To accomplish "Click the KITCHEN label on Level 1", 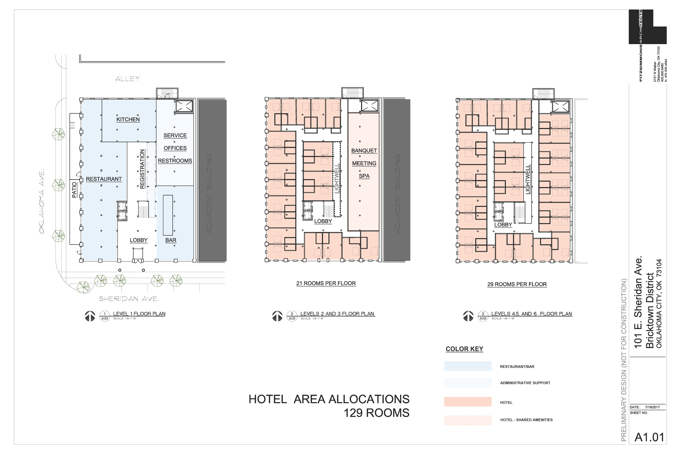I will [128, 119].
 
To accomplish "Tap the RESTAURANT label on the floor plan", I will [104, 179].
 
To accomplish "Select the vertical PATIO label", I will [74, 190].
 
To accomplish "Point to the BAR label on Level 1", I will [171, 240].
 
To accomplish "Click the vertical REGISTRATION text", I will [142, 169].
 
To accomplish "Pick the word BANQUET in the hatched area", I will [364, 151].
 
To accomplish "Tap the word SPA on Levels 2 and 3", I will [364, 176].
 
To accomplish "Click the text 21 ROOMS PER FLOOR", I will [326, 283].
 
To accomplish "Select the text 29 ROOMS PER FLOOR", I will [517, 284].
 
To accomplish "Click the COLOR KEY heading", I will [464, 349].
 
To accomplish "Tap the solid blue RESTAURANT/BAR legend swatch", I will [468, 366].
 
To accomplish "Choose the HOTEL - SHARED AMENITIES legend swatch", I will [468, 420].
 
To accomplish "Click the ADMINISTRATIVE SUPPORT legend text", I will [525, 383].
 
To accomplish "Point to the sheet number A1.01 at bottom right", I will [649, 437].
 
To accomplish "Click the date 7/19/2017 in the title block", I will [652, 407].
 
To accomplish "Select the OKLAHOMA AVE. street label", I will [42, 202].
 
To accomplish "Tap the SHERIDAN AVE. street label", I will [129, 298].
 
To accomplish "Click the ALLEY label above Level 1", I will [127, 78].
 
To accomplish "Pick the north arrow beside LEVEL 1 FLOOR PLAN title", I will [90, 316].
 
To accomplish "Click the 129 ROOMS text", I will [376, 413].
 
